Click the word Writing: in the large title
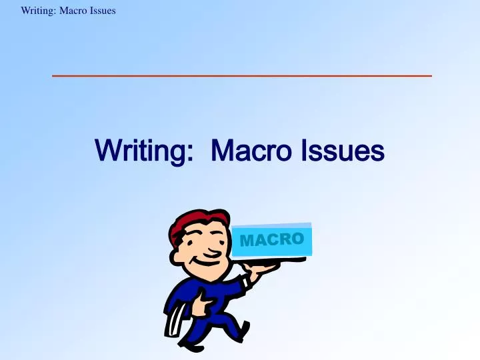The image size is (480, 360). (x=141, y=151)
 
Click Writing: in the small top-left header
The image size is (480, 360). (x=38, y=10)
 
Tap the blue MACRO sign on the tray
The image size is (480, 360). (x=272, y=239)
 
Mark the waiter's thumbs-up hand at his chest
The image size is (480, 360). (x=207, y=303)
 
